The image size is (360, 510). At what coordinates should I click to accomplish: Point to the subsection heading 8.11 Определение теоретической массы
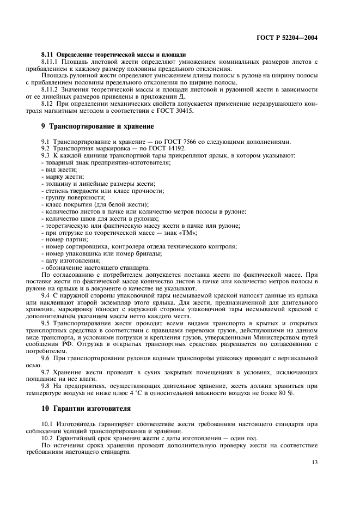pyautogui.click(x=114, y=55)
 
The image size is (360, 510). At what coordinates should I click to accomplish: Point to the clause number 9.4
pyautogui.click(x=46, y=295)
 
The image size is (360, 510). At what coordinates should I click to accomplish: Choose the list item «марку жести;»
pyautogui.click(x=59, y=177)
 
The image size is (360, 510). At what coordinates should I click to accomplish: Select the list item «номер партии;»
pyautogui.click(x=64, y=239)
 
